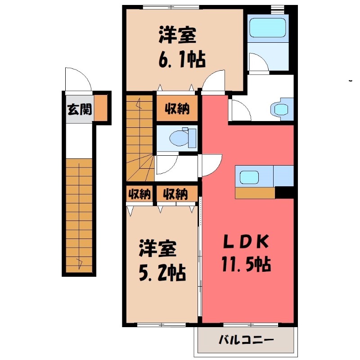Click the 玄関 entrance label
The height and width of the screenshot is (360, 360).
click(80, 109)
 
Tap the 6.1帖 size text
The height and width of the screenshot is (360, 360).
click(182, 60)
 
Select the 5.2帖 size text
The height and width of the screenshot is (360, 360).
click(162, 273)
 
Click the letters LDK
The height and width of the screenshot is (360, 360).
click(246, 242)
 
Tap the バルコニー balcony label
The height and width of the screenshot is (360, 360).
click(246, 340)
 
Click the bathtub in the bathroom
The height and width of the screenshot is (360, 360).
click(267, 27)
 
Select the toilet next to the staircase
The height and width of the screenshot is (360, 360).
click(183, 138)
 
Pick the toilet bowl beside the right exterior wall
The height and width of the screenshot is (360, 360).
click(282, 109)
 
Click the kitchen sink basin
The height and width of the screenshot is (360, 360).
click(249, 177)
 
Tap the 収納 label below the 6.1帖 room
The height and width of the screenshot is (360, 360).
click(177, 108)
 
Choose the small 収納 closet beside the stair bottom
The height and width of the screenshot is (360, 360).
click(139, 194)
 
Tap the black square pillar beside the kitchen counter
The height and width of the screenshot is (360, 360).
click(284, 192)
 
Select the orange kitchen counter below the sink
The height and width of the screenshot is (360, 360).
click(255, 193)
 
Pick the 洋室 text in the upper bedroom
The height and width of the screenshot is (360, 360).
click(177, 36)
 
